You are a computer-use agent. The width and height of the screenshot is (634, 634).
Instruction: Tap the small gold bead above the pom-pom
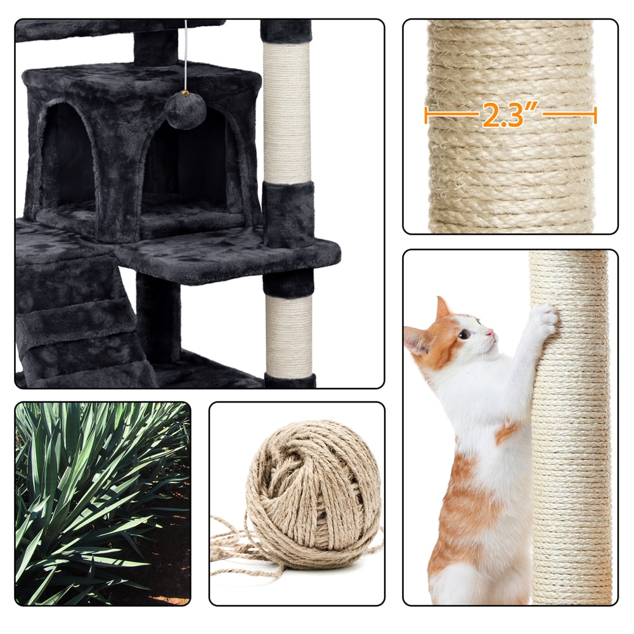(185, 94)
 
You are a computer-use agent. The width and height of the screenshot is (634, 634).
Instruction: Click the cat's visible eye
(465, 334)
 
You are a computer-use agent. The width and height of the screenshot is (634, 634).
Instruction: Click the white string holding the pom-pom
(186, 57)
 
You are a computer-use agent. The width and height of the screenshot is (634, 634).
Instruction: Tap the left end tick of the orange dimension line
(426, 115)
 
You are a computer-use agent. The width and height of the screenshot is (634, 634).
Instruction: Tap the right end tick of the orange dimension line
(595, 115)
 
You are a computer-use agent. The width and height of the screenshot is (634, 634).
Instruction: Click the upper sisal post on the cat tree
(287, 114)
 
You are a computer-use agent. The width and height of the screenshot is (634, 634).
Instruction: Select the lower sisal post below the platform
(288, 336)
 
